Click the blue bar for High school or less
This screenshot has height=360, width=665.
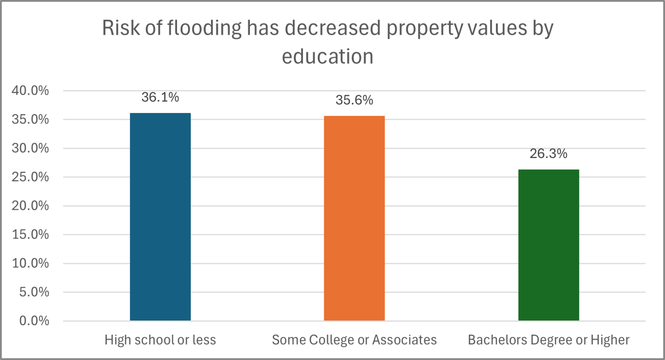coord(160,217)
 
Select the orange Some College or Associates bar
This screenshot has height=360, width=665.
coord(354,218)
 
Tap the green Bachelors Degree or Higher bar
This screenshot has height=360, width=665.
coord(548,245)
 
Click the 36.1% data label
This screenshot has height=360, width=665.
coord(160,97)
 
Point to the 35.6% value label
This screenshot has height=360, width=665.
coord(354,100)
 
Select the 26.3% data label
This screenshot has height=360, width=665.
coord(548,154)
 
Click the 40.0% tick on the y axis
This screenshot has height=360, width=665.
coord(30,91)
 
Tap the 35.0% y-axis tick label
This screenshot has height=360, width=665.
coord(30,120)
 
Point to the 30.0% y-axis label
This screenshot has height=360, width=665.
coord(30,148)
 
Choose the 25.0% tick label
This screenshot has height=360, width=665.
coord(30,177)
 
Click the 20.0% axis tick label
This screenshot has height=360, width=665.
coord(30,206)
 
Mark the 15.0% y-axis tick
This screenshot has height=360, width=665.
coord(30,234)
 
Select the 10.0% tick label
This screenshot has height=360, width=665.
coord(30,263)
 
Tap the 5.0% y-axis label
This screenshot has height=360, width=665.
coord(34,292)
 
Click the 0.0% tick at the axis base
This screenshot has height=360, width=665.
coord(34,321)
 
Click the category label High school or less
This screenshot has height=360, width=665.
coord(160,340)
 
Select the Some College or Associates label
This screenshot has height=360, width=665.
coord(354,340)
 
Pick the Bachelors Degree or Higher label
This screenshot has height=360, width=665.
coord(548,340)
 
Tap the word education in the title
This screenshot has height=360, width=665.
coord(328,57)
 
